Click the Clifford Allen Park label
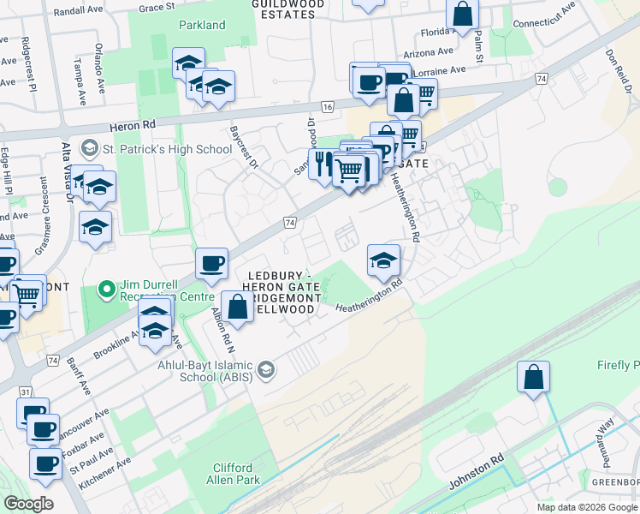pyautogui.click(x=233, y=475)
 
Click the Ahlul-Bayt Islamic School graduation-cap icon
pyautogui.click(x=266, y=369)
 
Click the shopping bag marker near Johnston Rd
pyautogui.click(x=534, y=377)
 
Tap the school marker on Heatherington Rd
pyautogui.click(x=383, y=260)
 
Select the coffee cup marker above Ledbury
pyautogui.click(x=211, y=263)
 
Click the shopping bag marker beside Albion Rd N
pyautogui.click(x=238, y=307)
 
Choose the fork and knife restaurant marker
pyautogui.click(x=323, y=163)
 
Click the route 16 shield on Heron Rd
pyautogui.click(x=328, y=106)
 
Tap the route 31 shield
pyautogui.click(x=26, y=392)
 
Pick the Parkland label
pyautogui.click(x=202, y=26)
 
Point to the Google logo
pyautogui.click(x=28, y=504)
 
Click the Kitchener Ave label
pyautogui.click(x=104, y=473)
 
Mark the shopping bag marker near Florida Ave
pyautogui.click(x=462, y=15)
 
